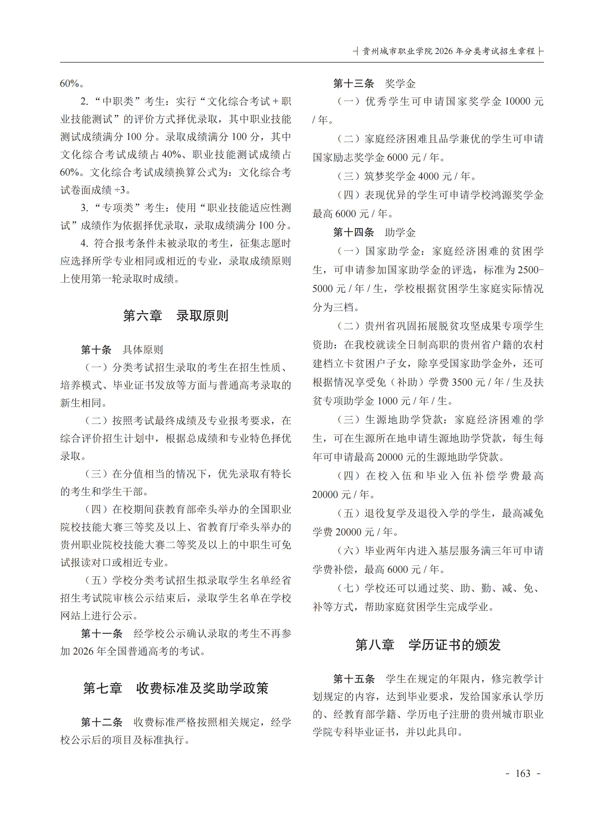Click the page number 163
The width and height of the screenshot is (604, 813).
(522, 773)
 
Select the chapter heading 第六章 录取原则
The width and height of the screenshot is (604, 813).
(176, 316)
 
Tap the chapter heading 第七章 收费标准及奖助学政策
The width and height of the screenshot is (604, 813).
(176, 688)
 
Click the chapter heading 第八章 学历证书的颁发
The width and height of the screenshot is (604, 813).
(428, 645)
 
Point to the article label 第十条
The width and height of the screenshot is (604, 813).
(96, 350)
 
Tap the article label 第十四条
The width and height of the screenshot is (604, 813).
(354, 232)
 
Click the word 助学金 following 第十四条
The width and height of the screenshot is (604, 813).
(400, 232)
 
